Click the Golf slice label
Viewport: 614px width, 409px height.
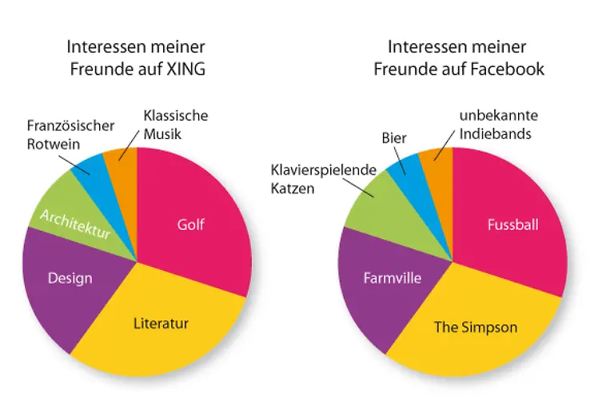190,224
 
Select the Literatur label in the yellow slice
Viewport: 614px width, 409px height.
161,324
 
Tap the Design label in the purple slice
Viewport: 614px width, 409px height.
70,278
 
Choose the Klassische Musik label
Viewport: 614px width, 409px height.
175,124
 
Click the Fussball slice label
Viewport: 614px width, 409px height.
512,224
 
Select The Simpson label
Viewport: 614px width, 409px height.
475,327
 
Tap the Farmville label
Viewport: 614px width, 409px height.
392,278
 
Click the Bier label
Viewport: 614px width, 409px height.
394,138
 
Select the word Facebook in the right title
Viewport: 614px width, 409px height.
505,69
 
